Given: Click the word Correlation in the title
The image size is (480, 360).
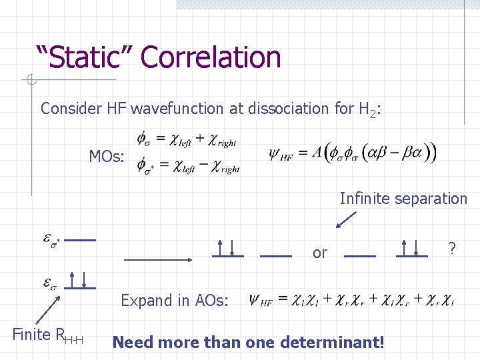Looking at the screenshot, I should [211, 57].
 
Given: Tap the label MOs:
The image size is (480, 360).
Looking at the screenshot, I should [107, 157].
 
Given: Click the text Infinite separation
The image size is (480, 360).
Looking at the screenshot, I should [403, 199].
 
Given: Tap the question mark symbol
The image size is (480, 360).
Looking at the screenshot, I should [452, 249].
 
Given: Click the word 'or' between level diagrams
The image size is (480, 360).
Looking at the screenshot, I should [320, 253].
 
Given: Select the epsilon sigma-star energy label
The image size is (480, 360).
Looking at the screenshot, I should [51, 239].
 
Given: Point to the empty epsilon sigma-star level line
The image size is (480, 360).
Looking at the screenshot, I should [81, 239].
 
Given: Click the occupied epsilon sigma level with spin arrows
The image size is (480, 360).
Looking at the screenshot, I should [81, 282].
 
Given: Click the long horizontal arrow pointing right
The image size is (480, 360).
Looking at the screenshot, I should [159, 257].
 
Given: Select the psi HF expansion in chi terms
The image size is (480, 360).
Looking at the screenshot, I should [352, 301].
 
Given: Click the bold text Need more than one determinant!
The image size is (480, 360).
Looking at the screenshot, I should [249, 343].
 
